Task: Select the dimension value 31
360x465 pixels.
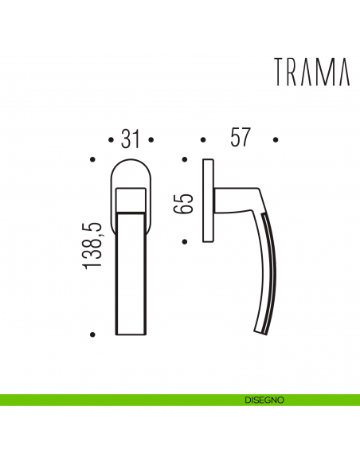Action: [131, 139]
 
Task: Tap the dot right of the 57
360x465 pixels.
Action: [276, 139]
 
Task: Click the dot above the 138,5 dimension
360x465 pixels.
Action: [94, 162]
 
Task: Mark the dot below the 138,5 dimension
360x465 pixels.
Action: [94, 334]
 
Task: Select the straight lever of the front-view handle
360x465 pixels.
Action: [131, 271]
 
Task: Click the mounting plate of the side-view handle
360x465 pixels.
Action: [209, 201]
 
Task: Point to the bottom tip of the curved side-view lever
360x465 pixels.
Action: [260, 332]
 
